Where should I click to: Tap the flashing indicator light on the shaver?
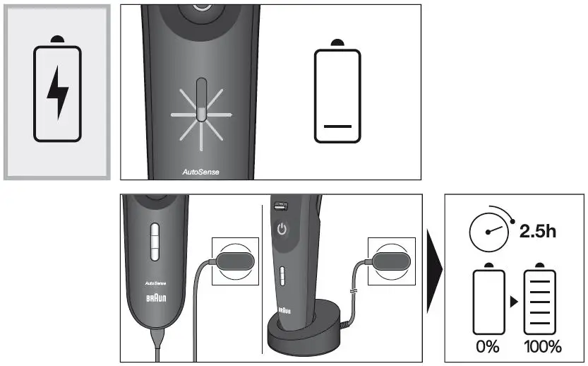click(x=200, y=111)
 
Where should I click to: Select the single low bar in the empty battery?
click(x=337, y=126)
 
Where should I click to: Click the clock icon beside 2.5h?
click(x=489, y=231)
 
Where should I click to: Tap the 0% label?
click(x=486, y=346)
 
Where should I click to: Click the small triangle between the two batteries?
click(x=514, y=302)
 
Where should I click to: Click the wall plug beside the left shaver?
click(x=235, y=259)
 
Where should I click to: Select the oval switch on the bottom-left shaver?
click(x=155, y=243)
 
